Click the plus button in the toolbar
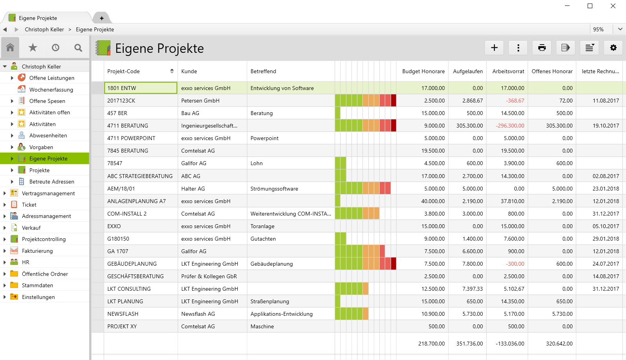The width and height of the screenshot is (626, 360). pos(494,48)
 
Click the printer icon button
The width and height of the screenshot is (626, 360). pos(542,48)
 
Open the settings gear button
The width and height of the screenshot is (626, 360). pos(613,48)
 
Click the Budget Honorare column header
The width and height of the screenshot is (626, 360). pos(423,71)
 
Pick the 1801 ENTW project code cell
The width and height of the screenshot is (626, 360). pos(141,88)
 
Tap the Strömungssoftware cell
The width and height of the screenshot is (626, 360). pos(274,189)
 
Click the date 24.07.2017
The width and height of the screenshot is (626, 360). pos(606,264)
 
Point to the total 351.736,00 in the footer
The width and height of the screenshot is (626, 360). pos(469,344)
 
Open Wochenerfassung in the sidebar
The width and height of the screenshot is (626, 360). pos(51,90)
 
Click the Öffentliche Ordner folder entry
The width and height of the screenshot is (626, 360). pos(45,274)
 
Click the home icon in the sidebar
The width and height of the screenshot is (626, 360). pos(10,48)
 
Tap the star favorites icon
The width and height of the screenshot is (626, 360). pos(33,48)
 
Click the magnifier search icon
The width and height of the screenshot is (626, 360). pos(78,48)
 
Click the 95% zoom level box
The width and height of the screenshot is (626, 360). pos(598,29)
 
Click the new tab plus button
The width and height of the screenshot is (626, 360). pos(102,18)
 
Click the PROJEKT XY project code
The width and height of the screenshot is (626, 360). pos(122,326)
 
